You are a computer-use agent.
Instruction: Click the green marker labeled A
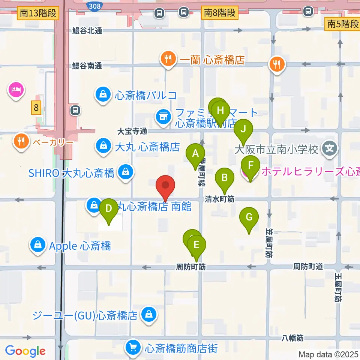[x=195, y=153]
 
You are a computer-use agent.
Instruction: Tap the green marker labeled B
[x=224, y=177]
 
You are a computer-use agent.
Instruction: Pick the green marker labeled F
[x=251, y=165]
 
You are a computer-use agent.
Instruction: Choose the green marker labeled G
[x=249, y=217]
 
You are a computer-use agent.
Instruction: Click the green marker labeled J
[x=243, y=129]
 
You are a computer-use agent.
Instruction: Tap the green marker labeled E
[x=196, y=245]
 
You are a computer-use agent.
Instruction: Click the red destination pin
[x=165, y=186]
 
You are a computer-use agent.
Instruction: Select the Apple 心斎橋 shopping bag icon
[x=38, y=246]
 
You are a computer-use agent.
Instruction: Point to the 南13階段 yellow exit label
[x=38, y=13]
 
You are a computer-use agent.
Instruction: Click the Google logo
[x=25, y=351]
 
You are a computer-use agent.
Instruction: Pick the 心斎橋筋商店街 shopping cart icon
[x=133, y=348]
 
